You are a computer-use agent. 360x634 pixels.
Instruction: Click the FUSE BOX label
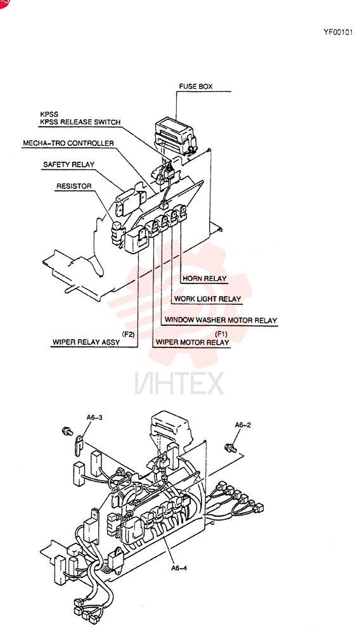click(x=196, y=86)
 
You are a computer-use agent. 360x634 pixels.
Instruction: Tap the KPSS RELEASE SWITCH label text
click(x=80, y=122)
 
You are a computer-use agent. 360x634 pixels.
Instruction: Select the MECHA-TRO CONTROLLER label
click(x=68, y=143)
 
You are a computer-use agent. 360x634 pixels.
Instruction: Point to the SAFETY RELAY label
click(x=68, y=165)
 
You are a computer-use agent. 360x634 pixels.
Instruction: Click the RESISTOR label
click(x=74, y=186)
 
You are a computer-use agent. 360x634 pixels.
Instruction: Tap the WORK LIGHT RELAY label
click(x=207, y=299)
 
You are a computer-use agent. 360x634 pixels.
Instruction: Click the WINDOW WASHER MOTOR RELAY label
click(x=221, y=320)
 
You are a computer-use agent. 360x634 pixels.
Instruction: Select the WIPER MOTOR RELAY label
click(x=192, y=342)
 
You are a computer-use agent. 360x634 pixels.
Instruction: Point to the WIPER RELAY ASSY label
click(x=86, y=342)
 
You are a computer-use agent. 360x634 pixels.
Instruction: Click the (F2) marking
click(x=128, y=333)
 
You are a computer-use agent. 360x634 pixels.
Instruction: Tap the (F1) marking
click(x=222, y=333)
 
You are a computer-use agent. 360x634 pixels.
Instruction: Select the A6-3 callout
click(x=94, y=417)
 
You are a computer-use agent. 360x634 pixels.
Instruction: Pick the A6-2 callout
click(x=243, y=425)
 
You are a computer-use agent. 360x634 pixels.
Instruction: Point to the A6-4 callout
click(x=179, y=567)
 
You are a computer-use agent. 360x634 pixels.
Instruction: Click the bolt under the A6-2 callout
click(x=230, y=448)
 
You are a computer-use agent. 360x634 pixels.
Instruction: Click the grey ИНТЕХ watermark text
click(x=179, y=383)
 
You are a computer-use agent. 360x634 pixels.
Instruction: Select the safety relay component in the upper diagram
click(x=131, y=200)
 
